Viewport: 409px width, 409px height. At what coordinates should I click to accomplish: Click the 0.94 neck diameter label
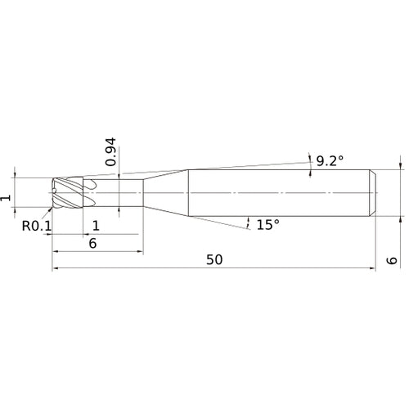[x=110, y=152]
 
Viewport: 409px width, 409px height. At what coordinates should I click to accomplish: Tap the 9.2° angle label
[x=330, y=161]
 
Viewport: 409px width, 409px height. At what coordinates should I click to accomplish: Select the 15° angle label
[x=268, y=225]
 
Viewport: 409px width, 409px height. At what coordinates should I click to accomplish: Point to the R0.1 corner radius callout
[x=37, y=226]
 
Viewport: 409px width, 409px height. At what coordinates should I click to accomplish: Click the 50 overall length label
[x=214, y=259]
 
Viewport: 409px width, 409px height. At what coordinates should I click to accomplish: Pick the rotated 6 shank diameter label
[x=392, y=260]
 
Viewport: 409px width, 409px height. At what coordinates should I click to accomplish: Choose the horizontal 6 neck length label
[x=92, y=243]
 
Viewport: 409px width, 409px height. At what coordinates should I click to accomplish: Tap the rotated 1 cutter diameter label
[x=6, y=198]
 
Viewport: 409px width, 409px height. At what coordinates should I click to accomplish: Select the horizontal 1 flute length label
[x=96, y=226]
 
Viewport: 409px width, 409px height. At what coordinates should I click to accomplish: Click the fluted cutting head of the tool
[x=68, y=193]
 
